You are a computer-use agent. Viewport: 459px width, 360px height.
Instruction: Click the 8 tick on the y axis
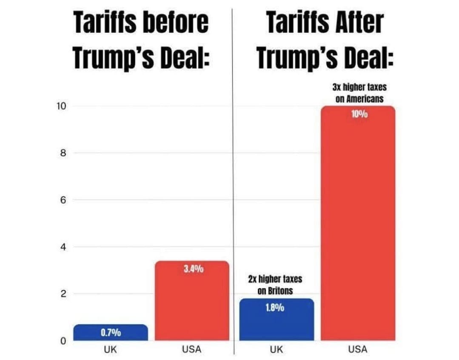[62, 153]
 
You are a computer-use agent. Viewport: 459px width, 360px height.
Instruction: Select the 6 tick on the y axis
[62, 200]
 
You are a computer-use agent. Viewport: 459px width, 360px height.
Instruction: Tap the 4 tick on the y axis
[62, 247]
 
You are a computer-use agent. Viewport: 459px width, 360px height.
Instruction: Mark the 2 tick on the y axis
[62, 294]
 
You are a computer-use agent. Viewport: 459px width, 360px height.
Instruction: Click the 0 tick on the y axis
[62, 341]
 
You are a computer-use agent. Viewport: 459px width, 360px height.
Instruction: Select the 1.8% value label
[274, 307]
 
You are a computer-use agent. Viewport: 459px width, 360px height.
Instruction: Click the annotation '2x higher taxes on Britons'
[274, 285]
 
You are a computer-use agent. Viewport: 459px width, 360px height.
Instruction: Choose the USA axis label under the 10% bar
[358, 350]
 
